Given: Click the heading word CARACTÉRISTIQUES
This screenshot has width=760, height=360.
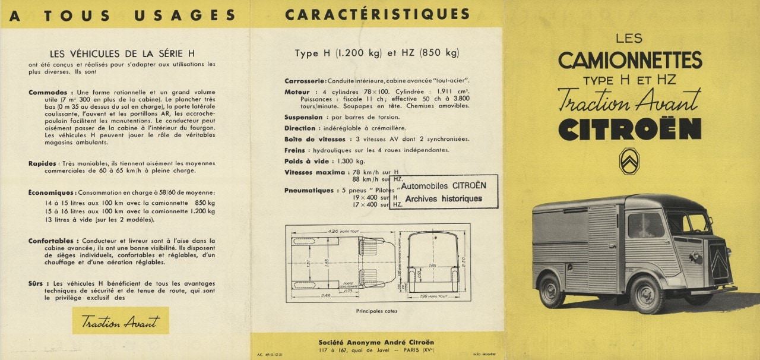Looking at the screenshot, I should tap(377, 15).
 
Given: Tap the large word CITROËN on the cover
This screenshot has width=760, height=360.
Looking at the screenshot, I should tap(629, 130).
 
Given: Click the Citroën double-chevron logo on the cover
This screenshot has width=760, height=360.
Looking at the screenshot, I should tap(629, 161).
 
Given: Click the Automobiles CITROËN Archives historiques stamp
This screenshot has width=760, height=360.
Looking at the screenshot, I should tap(444, 192).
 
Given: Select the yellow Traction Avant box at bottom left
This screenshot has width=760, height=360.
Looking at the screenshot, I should tap(121, 321).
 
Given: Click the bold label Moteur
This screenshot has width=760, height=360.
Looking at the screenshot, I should tap(297, 92).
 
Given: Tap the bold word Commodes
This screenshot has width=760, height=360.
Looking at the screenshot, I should tap(51, 93).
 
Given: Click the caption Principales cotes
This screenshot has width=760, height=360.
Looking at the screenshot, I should tap(376, 311).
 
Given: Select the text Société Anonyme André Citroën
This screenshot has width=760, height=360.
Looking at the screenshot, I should tap(376, 342).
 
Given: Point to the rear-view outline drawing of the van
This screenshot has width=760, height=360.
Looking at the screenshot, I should tap(433, 261).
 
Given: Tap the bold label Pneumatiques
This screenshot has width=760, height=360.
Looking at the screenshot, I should tap(309, 190).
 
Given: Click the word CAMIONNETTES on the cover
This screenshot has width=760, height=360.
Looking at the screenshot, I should tap(629, 61).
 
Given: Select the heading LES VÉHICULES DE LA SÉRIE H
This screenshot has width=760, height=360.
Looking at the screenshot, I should tap(122, 53).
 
